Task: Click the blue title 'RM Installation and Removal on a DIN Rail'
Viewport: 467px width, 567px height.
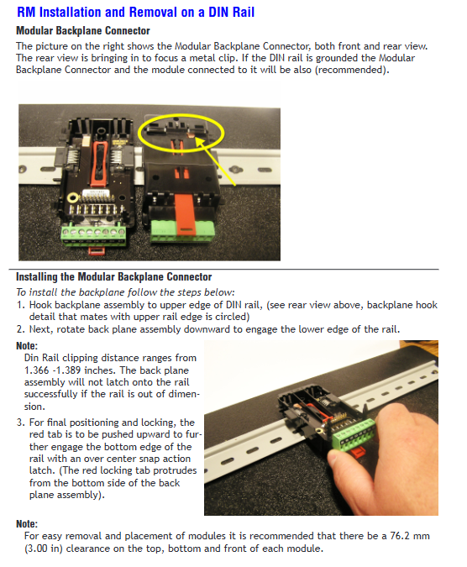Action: pos(135,12)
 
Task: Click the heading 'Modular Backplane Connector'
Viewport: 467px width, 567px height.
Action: pos(83,31)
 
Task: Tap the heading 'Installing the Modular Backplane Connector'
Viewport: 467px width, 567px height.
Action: pos(114,277)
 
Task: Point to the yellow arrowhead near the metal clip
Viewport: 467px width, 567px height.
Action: pos(198,141)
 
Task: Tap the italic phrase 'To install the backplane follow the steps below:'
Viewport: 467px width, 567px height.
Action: pos(125,292)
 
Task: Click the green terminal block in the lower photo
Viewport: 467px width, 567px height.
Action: pos(354,435)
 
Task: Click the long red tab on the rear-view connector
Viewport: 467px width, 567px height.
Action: pos(186,214)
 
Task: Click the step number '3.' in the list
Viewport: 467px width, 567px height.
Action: pos(21,423)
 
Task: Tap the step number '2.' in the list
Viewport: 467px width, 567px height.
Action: pos(21,329)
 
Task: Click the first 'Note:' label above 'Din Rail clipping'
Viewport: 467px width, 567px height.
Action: pos(27,346)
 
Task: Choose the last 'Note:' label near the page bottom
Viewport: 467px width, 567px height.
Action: pos(27,524)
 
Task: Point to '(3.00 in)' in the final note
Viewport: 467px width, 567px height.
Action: pos(44,549)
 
